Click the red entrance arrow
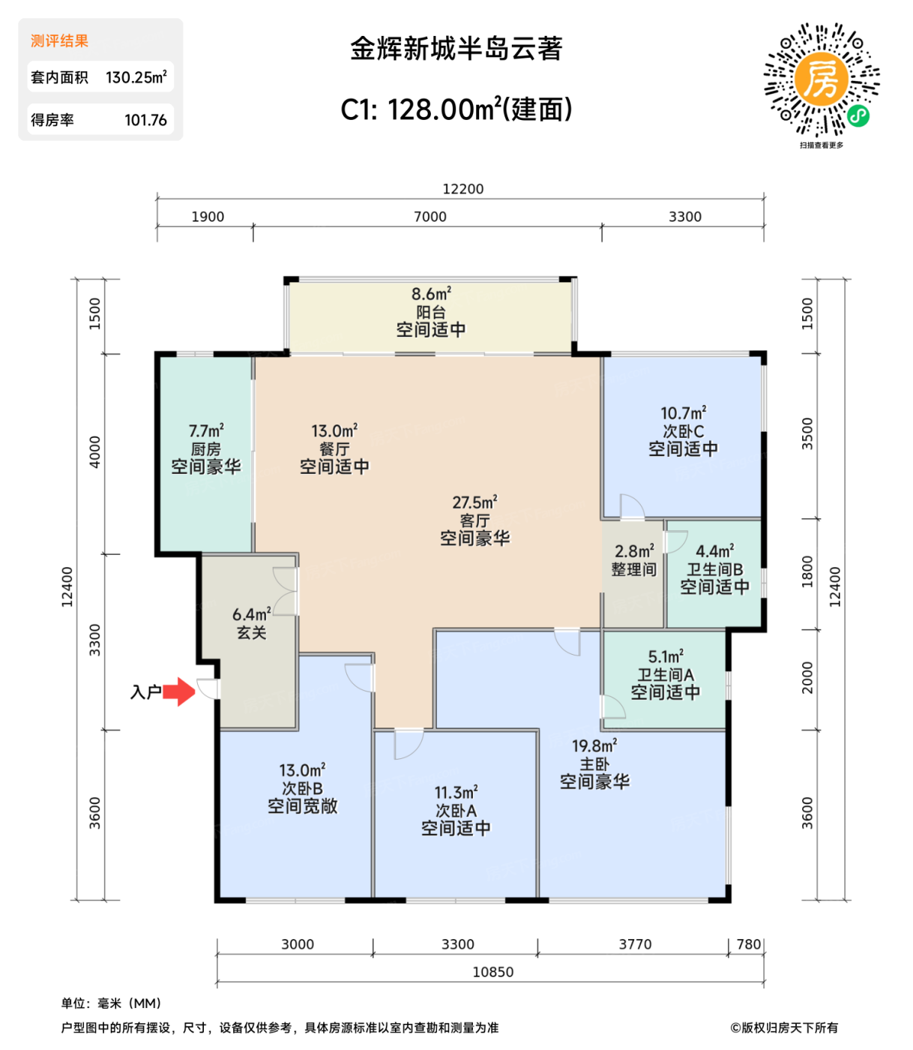point(178,691)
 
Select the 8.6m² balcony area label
point(431,294)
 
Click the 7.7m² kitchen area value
point(206,431)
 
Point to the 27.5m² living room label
point(474,502)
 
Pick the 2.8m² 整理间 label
point(634,551)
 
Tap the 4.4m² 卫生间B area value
point(714,551)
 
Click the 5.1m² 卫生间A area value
point(665,657)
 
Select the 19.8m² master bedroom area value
point(594,746)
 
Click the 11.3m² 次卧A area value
point(456,793)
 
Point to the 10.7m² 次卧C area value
point(683,413)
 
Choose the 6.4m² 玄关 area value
point(251,615)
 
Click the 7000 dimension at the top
point(430,217)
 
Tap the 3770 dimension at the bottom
point(635,944)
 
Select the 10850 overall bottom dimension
point(492,972)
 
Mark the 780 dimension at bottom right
point(748,944)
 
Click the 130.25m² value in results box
point(136,77)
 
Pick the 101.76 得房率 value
point(145,120)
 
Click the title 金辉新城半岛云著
point(456,49)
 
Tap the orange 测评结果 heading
point(59,41)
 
